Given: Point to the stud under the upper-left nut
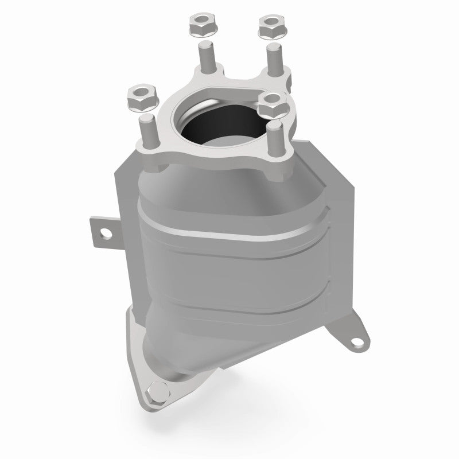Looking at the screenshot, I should [205, 57].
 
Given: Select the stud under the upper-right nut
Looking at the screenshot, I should [272, 57].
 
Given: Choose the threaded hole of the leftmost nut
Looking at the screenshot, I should [138, 92].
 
